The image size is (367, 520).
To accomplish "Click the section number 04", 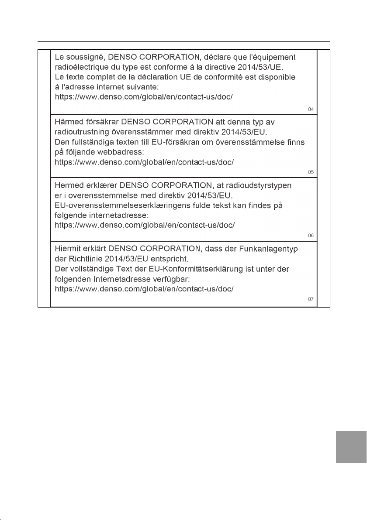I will [311, 109].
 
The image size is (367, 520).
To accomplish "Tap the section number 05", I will [311, 172].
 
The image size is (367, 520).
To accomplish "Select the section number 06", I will [311, 236].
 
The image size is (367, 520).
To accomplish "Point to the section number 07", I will [311, 299].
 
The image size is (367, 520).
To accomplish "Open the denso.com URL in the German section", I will [145, 289].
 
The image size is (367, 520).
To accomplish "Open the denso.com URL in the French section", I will [145, 97].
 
